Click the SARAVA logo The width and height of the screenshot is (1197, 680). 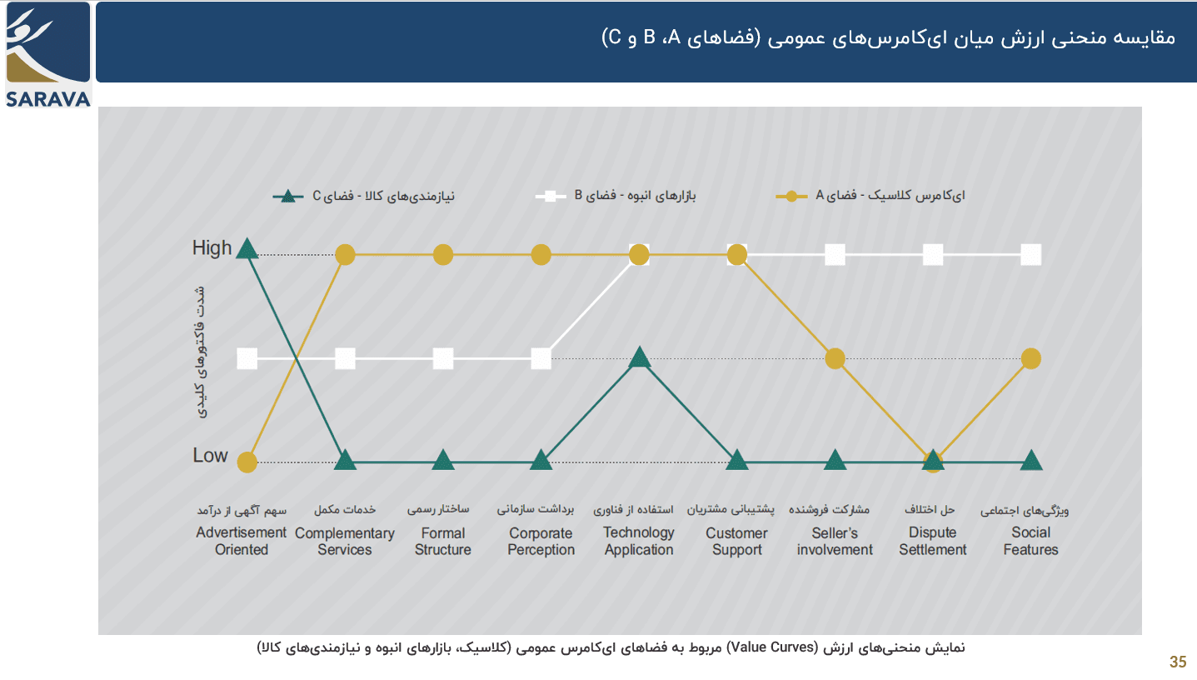point(47,55)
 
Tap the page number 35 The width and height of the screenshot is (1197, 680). point(1178,662)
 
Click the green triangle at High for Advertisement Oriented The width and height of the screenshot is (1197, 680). point(247,248)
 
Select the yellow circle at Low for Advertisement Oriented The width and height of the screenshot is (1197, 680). point(247,462)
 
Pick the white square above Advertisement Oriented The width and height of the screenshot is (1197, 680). point(247,359)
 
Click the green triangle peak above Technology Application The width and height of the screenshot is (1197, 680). point(639,357)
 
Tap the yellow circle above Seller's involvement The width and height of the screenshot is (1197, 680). point(835,358)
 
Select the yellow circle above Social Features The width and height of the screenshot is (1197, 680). point(1031,358)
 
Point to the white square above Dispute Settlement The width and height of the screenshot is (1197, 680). point(933,254)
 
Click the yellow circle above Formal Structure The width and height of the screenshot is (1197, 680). point(443,254)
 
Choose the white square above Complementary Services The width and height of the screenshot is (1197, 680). point(345,359)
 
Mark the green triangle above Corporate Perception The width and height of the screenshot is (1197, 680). point(541,460)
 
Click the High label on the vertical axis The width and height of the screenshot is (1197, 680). point(212,247)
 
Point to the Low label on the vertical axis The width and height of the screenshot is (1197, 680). point(210,455)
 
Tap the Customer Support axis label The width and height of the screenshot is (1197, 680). point(736,542)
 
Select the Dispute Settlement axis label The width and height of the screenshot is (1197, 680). point(933,542)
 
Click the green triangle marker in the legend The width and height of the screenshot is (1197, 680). point(288,197)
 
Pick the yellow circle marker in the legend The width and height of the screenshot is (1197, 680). point(791,197)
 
